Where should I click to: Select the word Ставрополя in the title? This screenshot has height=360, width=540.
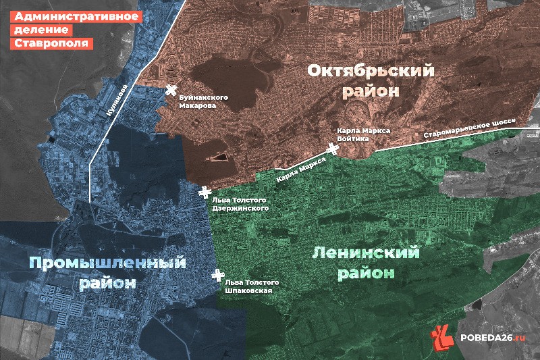tap(50, 43)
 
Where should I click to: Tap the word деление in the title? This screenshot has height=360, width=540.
tap(40, 30)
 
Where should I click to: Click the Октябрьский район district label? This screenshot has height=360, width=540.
tap(371, 80)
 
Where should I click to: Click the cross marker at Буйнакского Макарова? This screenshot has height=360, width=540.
tap(171, 91)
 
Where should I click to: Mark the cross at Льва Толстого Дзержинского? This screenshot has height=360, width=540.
tap(205, 192)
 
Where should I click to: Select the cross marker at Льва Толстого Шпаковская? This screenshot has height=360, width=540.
tap(217, 276)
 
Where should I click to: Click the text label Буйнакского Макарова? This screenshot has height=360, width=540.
tap(202, 102)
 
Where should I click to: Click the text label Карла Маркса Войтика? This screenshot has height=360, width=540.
tap(364, 134)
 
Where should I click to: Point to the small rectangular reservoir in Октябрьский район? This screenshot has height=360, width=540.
tap(218, 158)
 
